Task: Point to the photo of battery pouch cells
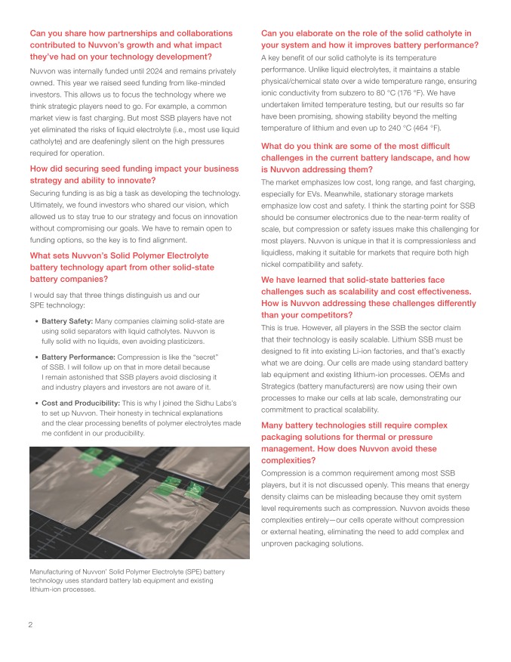click(138, 501)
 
